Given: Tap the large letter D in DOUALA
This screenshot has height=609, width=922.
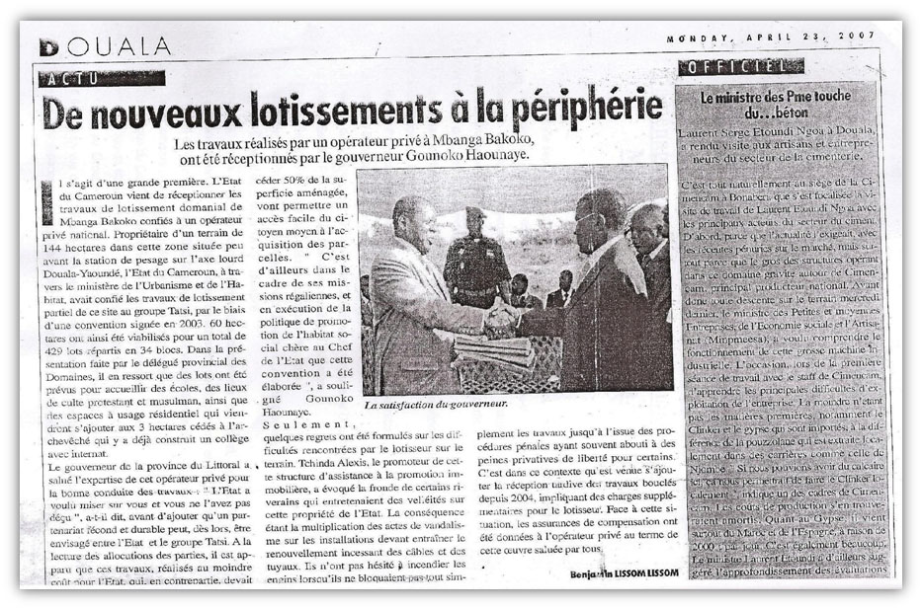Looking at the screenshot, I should (48, 47).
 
